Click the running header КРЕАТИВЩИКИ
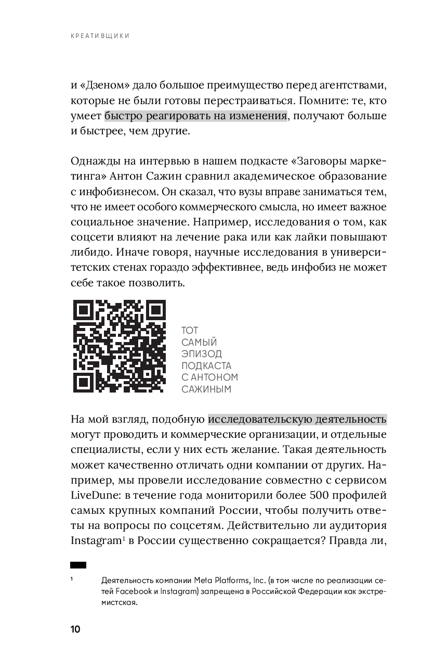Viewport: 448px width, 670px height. point(100,36)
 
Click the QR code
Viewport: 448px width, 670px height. point(118,346)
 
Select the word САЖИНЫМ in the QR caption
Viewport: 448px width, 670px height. point(206,389)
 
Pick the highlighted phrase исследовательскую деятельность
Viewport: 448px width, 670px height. point(297,419)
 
